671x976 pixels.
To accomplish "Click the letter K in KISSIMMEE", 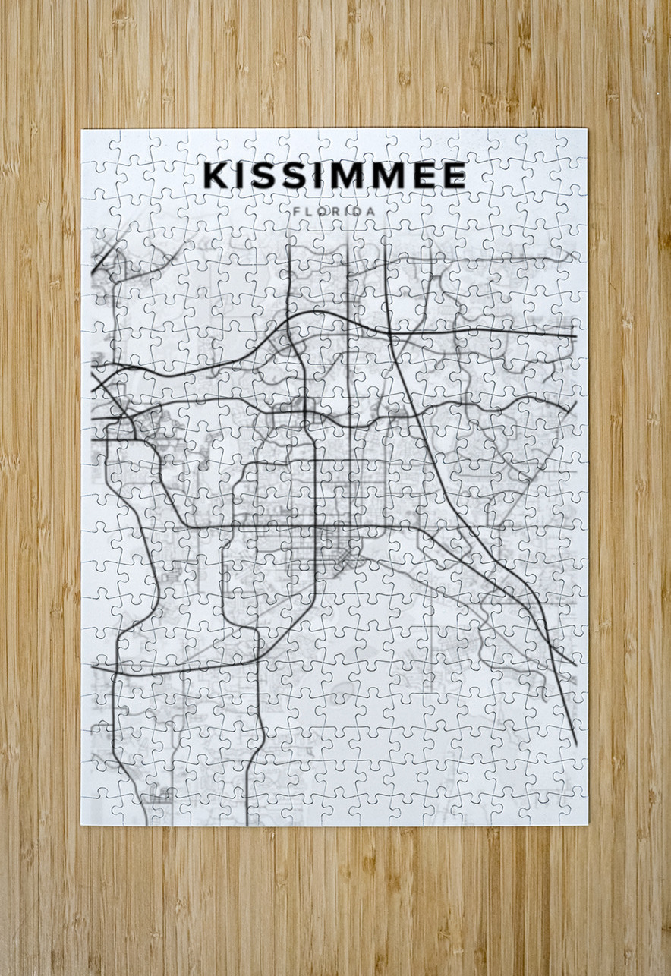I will [216, 175].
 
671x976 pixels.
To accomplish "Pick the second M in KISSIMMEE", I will [391, 175].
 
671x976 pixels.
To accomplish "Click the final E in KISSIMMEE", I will [453, 175].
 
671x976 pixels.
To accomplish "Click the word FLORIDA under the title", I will [334, 209].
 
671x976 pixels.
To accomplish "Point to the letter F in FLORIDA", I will [295, 209].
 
